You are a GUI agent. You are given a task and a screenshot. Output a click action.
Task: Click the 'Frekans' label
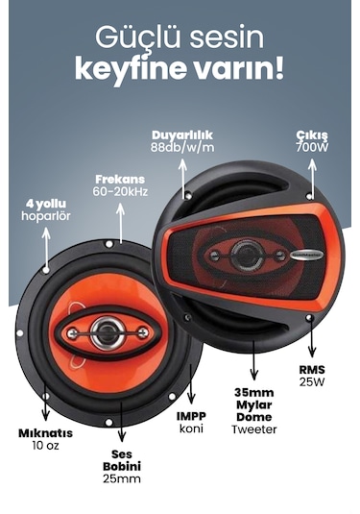[x=120, y=180]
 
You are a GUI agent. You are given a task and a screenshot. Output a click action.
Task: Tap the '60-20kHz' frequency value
[x=120, y=192]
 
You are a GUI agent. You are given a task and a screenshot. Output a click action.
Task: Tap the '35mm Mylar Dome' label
[x=254, y=404]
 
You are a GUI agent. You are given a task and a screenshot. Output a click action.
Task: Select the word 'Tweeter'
[x=254, y=429]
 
